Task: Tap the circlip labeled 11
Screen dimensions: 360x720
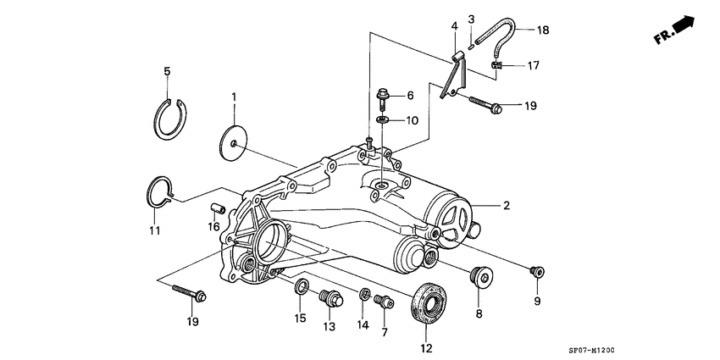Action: tap(158, 191)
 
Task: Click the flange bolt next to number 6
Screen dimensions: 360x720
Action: tap(382, 98)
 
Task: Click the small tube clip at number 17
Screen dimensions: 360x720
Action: tap(497, 64)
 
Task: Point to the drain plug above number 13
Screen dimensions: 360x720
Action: tap(329, 297)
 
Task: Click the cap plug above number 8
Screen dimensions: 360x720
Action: tap(482, 276)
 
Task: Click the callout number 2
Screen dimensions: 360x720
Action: tap(507, 206)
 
